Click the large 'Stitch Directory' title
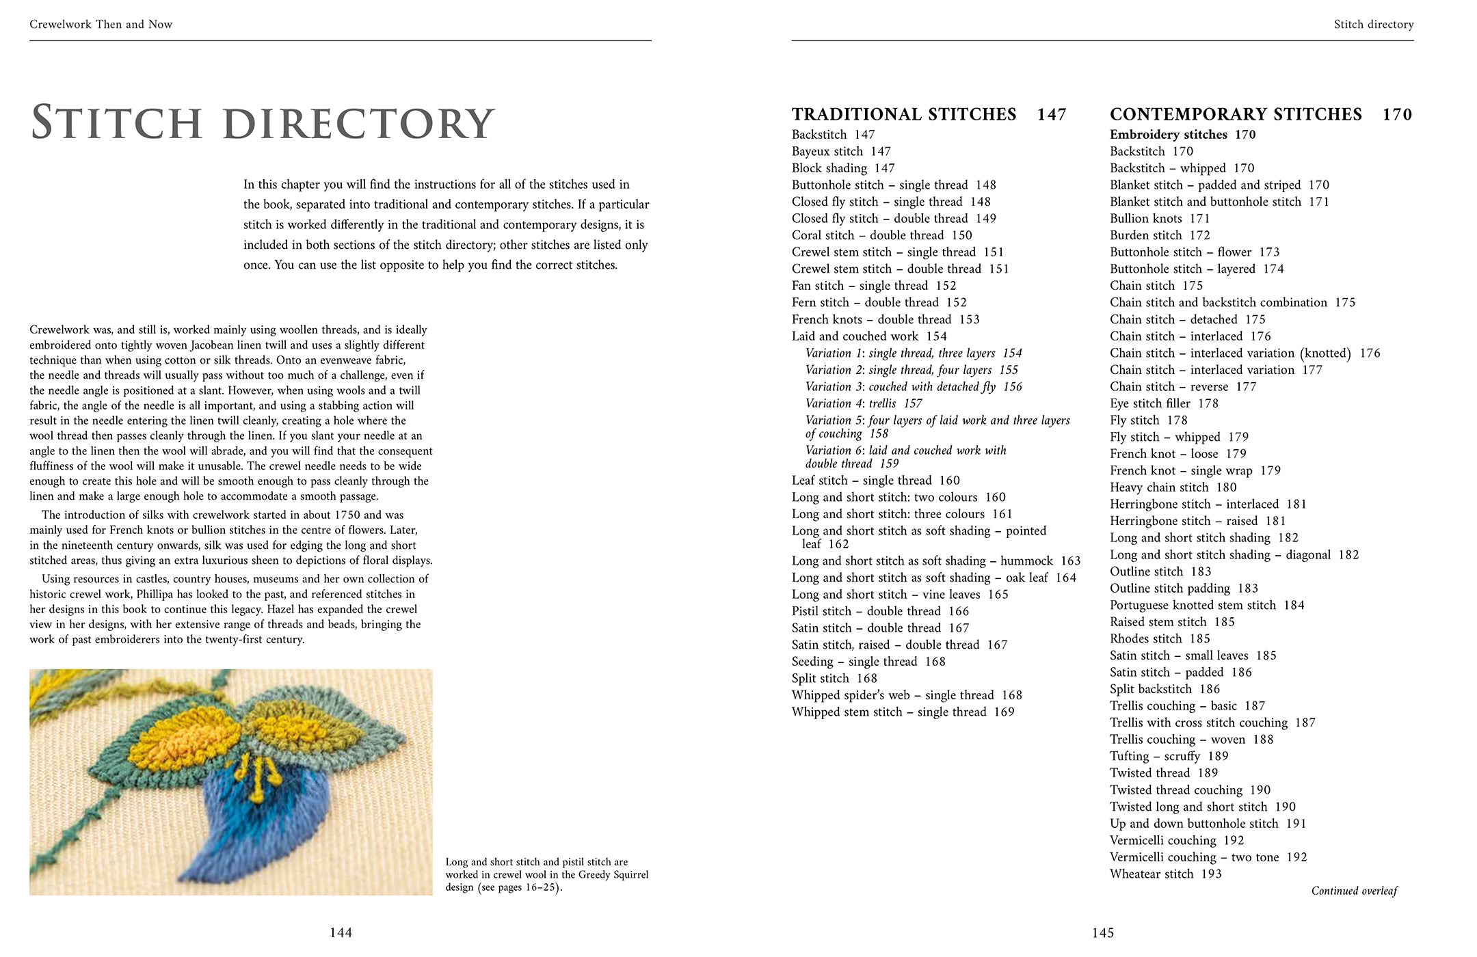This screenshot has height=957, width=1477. point(263,123)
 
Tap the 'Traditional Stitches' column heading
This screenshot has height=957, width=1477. point(904,114)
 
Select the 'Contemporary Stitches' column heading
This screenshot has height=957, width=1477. point(1236,114)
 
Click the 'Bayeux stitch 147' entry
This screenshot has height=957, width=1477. point(841,151)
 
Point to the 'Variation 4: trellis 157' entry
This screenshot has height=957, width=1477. point(864,403)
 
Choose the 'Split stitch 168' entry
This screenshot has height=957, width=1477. point(834,678)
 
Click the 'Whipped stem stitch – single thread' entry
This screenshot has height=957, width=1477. point(903,712)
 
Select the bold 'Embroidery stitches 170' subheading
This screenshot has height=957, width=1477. point(1182,135)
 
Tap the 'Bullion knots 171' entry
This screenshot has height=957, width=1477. point(1160,219)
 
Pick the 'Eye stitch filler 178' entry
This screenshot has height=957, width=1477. point(1164,403)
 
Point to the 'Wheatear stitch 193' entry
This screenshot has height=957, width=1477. point(1165,874)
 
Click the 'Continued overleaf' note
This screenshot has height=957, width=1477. point(1354,891)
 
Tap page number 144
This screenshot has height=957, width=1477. point(341,932)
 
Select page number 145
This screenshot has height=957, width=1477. point(1102,932)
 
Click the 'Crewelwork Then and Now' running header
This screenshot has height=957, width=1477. point(101,25)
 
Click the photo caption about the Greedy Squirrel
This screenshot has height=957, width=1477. point(546,874)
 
